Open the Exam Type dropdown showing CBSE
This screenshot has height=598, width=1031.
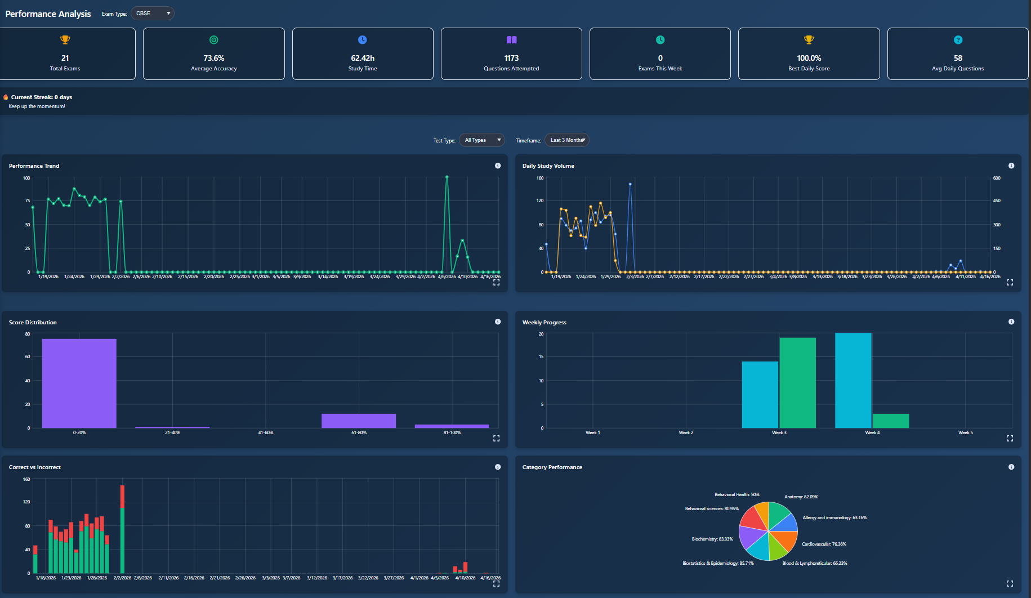(153, 14)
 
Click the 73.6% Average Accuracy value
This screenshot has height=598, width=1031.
(214, 58)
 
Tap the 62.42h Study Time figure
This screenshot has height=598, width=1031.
(363, 58)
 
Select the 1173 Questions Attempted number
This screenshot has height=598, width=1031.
(511, 58)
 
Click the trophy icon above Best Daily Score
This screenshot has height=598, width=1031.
(809, 40)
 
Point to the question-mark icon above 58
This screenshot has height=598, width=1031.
(958, 40)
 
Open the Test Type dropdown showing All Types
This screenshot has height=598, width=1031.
(482, 140)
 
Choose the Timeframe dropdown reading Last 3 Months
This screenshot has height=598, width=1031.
(567, 140)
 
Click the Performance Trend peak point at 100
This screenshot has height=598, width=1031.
(447, 177)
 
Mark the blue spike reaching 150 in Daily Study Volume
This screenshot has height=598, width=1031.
(630, 184)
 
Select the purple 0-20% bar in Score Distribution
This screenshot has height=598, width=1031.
(79, 383)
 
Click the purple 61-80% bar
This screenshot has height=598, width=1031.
(359, 421)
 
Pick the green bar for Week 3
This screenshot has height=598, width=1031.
(797, 383)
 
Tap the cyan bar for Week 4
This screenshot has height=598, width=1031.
(853, 380)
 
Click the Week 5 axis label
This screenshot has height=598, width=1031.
(965, 432)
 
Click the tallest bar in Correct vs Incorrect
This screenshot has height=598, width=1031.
(122, 529)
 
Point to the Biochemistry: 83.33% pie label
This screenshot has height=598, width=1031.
(712, 539)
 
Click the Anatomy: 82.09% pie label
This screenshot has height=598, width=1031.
(801, 497)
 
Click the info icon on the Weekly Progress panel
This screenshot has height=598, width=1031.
(1011, 322)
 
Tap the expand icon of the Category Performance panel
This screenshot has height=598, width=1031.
(1010, 583)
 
